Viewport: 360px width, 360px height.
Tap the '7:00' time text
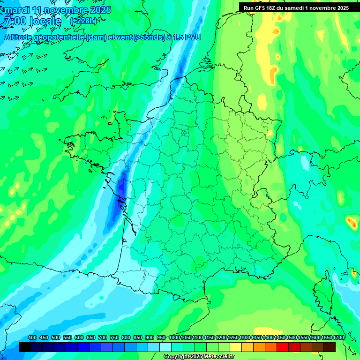tap(15, 22)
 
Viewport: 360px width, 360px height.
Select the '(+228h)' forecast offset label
tap(83, 21)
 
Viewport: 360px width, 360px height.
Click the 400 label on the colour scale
tap(32, 338)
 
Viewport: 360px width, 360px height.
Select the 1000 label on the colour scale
tap(174, 338)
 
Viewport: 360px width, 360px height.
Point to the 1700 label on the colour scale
tap(338, 338)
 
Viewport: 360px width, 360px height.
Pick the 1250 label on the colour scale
tap(233, 338)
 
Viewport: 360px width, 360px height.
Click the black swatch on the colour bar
tap(25, 347)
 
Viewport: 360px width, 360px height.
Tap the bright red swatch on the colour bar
tap(283, 347)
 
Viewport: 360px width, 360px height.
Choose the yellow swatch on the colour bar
tap(236, 347)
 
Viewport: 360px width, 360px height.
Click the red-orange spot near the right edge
tap(351, 221)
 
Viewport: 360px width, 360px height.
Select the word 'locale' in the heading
tap(45, 22)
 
